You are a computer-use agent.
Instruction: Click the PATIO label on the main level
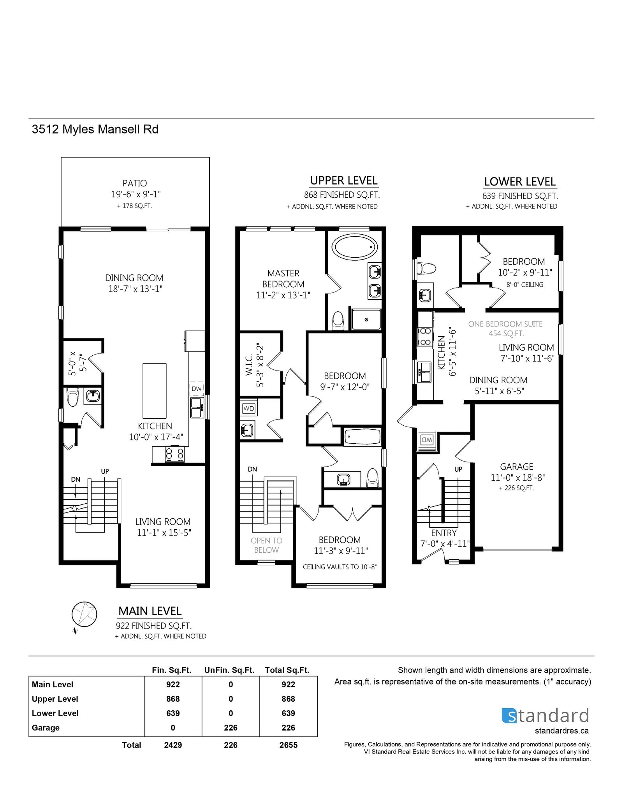[x=135, y=183]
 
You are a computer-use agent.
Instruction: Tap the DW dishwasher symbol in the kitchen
[x=197, y=388]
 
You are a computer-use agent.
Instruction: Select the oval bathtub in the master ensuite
[x=354, y=247]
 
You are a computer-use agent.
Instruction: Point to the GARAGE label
[x=517, y=466]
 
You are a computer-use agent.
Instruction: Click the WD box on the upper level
[x=248, y=408]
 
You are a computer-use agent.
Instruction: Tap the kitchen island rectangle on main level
[x=155, y=391]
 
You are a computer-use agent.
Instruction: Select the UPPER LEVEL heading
[x=344, y=181]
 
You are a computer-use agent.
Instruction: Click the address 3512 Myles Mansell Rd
[x=95, y=129]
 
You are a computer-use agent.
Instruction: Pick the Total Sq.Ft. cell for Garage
[x=288, y=728]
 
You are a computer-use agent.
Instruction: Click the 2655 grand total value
[x=288, y=745]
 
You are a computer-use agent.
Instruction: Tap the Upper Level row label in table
[x=55, y=699]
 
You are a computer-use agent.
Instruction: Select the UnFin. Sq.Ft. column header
[x=229, y=670]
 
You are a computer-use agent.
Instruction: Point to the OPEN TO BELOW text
[x=266, y=545]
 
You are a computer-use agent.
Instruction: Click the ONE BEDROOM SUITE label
[x=505, y=324]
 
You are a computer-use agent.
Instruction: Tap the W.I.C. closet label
[x=249, y=364]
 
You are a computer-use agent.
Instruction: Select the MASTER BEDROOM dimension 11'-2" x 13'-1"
[x=283, y=295]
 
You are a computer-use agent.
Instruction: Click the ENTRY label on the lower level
[x=443, y=533]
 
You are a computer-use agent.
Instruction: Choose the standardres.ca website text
[x=561, y=730]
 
